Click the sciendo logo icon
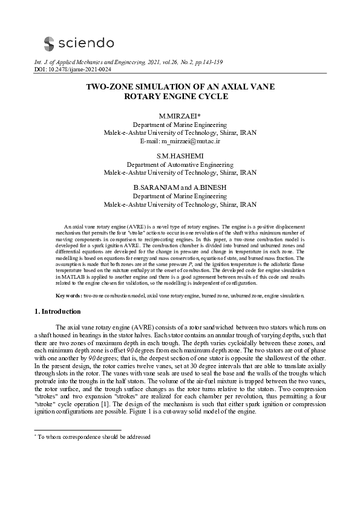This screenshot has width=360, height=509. (49, 42)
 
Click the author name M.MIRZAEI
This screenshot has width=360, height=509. (178, 116)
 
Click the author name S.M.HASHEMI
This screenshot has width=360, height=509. (180, 156)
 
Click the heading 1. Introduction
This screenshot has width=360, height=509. (55, 312)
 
